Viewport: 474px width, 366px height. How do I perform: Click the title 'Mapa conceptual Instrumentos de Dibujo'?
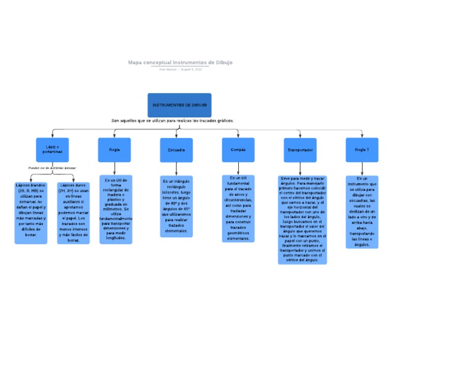[180, 62]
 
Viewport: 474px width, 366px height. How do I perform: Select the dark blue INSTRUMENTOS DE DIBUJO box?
[180, 105]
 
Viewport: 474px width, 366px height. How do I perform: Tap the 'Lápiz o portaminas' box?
[52, 150]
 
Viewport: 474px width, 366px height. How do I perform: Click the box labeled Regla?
[114, 150]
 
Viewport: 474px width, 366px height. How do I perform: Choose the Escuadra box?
[176, 150]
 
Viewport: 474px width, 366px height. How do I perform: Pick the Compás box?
[238, 150]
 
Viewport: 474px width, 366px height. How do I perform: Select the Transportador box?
[300, 150]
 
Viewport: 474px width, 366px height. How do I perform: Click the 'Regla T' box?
[362, 150]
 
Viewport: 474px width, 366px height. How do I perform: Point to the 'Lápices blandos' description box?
[31, 213]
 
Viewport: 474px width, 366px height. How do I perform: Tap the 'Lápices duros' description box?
[73, 213]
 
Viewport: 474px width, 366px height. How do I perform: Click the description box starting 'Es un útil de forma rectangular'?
[115, 209]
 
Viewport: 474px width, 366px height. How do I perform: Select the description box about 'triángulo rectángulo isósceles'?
[177, 206]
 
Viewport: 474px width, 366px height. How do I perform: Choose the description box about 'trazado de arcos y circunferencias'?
[238, 208]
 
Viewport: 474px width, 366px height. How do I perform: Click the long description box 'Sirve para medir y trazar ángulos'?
[302, 219]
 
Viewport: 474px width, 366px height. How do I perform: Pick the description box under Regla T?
[362, 211]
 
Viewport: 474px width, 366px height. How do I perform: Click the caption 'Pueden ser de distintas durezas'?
[52, 168]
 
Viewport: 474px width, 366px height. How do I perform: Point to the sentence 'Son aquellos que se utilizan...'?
[172, 121]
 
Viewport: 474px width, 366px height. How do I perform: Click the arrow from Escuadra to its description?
[177, 169]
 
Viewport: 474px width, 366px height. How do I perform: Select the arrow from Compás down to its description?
[238, 168]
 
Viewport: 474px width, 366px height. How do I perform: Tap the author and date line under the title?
[180, 69]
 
